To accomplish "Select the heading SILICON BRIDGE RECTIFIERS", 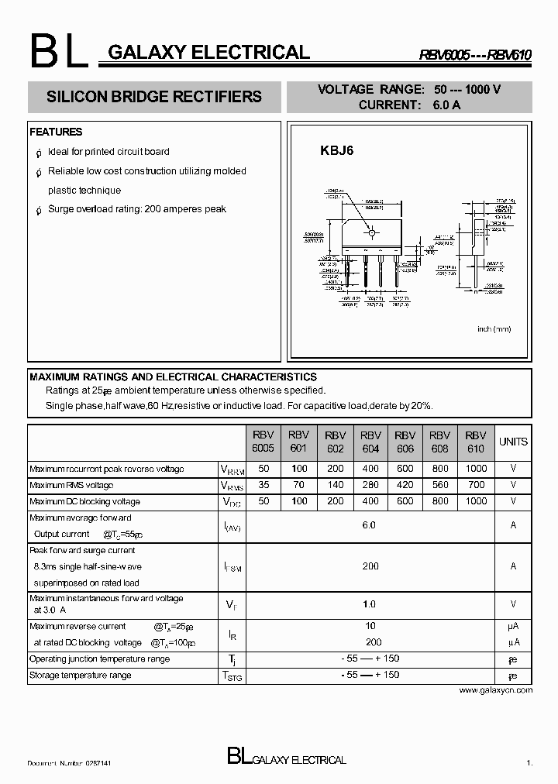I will pyautogui.click(x=154, y=98).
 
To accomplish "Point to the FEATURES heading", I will pyautogui.click(x=56, y=132).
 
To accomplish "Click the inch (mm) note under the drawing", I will pyautogui.click(x=494, y=329).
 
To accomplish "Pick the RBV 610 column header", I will pyautogui.click(x=476, y=442).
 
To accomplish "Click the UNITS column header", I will pyautogui.click(x=513, y=442).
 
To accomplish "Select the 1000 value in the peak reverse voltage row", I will pyautogui.click(x=476, y=469).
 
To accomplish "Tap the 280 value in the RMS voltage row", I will pyautogui.click(x=370, y=485).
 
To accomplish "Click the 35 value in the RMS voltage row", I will pyautogui.click(x=263, y=485).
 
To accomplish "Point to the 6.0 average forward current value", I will pyautogui.click(x=369, y=525).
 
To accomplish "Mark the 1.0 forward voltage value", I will pyautogui.click(x=369, y=604).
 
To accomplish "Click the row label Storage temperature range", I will pyautogui.click(x=80, y=675).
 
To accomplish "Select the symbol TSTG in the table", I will pyautogui.click(x=232, y=676).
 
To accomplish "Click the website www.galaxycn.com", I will pyautogui.click(x=495, y=689).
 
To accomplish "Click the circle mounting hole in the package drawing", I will pyautogui.click(x=371, y=232).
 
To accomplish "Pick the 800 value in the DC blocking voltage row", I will pyautogui.click(x=439, y=501).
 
